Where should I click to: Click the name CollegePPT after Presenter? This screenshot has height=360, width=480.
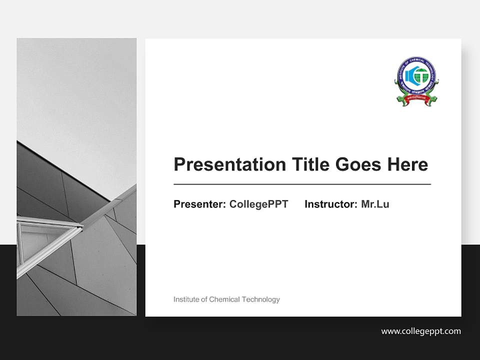point(258,204)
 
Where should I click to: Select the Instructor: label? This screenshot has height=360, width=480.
point(330,204)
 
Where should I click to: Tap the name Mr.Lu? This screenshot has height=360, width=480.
point(375,204)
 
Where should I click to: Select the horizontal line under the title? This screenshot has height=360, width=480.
point(302,184)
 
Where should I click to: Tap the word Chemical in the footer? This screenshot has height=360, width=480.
point(224,299)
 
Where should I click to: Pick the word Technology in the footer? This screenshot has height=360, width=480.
point(260,299)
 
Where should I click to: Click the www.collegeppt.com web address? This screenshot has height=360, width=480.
point(421,331)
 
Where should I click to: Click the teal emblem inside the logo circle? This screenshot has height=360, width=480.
point(416,76)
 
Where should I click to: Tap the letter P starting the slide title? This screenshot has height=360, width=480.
point(179,164)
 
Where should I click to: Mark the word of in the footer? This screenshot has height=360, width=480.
point(203,299)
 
